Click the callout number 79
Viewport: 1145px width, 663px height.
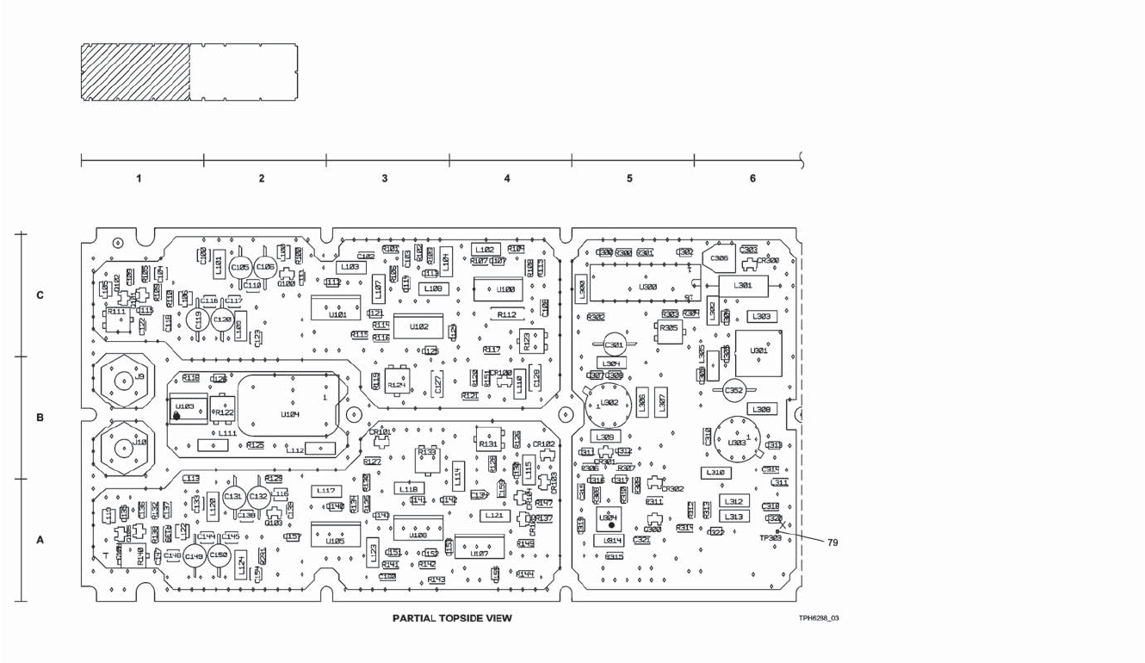(x=832, y=542)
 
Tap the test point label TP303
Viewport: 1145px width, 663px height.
(x=771, y=537)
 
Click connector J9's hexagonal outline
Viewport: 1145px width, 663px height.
(x=121, y=379)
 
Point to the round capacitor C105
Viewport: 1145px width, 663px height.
(x=240, y=268)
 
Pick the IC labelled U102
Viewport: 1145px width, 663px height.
(x=419, y=326)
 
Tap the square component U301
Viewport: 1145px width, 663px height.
(x=758, y=352)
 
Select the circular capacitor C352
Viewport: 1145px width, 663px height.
(x=733, y=391)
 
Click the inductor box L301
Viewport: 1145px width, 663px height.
(x=743, y=285)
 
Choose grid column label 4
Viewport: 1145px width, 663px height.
(x=506, y=178)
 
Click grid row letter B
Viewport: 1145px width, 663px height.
(x=39, y=418)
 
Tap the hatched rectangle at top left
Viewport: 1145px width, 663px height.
(x=135, y=72)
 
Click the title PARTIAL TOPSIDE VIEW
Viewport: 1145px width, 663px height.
(x=452, y=617)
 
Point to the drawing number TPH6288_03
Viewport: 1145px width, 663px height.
(x=818, y=618)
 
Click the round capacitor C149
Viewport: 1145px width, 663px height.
(x=195, y=557)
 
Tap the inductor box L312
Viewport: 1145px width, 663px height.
(x=733, y=501)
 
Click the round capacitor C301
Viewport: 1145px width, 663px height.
(x=614, y=345)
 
